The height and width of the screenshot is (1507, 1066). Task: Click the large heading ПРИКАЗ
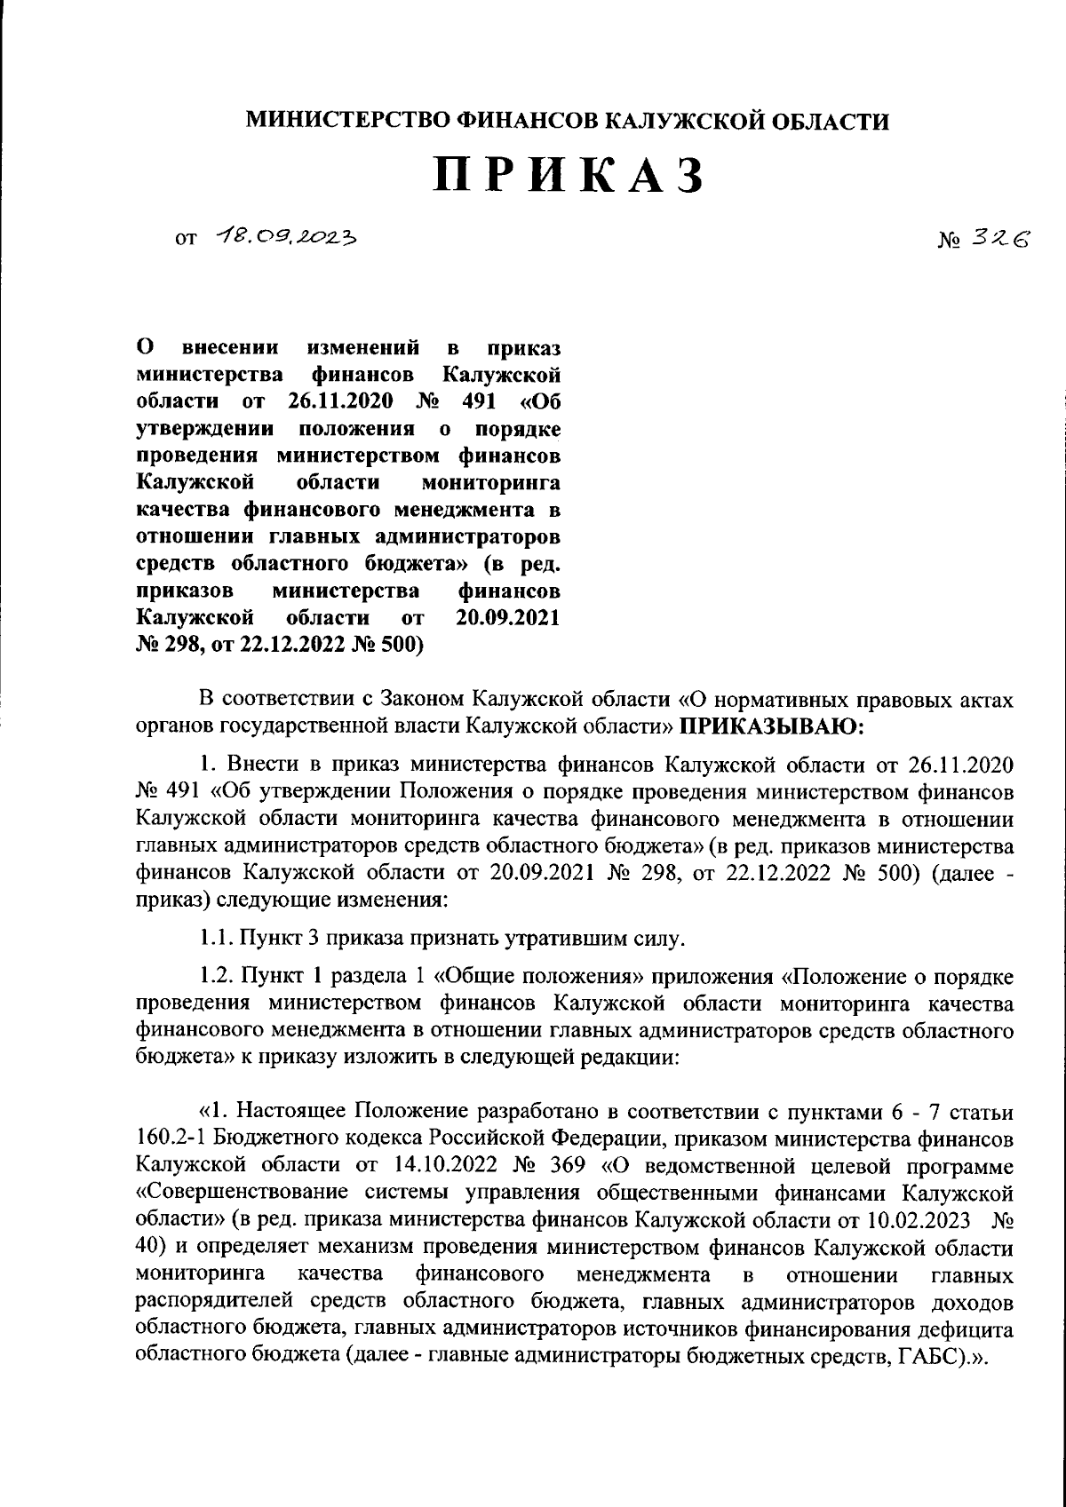pyautogui.click(x=569, y=176)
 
